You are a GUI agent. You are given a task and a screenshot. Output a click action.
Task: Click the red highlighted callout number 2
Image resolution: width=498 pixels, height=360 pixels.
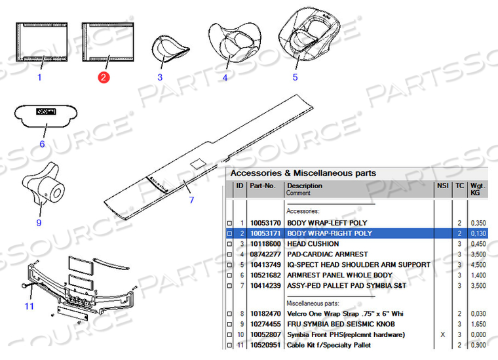coord(104,77)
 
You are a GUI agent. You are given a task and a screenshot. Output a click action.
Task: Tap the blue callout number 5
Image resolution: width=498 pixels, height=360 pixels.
coord(295,77)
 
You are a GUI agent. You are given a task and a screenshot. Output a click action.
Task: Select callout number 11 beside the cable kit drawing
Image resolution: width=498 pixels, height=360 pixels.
coord(29,306)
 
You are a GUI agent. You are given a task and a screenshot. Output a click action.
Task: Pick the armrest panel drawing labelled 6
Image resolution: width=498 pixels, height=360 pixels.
coord(46,116)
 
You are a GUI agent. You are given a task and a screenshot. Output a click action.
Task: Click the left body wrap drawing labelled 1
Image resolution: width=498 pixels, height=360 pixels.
coord(41,41)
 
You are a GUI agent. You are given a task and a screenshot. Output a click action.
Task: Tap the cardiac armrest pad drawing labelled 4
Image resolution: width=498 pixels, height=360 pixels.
coord(235,41)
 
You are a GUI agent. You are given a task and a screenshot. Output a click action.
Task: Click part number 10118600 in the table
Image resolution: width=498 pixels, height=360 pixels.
coord(265,244)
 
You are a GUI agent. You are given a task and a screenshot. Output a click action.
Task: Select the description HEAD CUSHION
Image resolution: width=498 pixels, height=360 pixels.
coord(313,244)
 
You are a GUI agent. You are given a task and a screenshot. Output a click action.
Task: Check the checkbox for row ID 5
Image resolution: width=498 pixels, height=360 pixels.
coord(229,265)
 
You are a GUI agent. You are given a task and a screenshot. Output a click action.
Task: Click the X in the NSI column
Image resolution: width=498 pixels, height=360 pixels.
coord(443,334)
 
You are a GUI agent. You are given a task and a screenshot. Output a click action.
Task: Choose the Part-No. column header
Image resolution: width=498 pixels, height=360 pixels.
coord(262,186)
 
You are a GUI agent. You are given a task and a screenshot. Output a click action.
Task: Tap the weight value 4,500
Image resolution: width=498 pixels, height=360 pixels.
coord(478,265)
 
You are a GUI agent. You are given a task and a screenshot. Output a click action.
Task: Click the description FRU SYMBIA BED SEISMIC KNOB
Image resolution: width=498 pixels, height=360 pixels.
coord(341,324)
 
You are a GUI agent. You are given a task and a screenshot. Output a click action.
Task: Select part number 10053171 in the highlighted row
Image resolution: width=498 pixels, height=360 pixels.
coord(265,233)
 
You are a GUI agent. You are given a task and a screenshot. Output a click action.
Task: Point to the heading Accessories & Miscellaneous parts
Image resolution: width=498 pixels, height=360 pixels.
coord(303,173)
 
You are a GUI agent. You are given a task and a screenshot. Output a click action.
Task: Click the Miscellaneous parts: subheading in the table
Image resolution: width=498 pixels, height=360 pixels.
coord(313,303)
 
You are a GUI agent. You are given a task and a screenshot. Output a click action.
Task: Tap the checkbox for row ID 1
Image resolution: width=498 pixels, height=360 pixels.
coord(229,223)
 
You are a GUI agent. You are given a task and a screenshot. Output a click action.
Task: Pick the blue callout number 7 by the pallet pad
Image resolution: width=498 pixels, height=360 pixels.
coord(191,200)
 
